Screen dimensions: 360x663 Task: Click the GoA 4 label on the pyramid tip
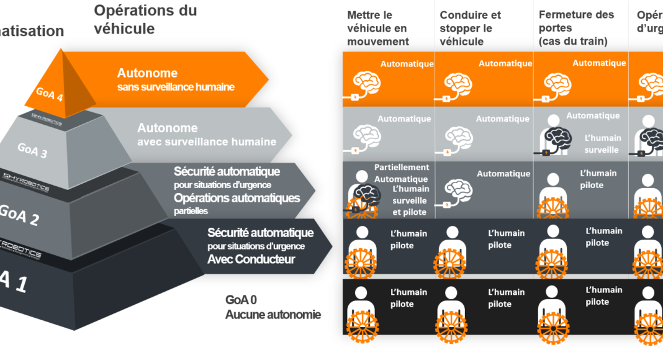(50, 94)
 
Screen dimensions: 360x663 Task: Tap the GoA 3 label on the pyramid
(32, 150)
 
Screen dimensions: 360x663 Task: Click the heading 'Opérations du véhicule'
(145, 19)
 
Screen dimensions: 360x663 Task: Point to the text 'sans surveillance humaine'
(176, 87)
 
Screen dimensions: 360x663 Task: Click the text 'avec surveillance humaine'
(207, 142)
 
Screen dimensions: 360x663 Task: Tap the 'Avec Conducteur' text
(251, 259)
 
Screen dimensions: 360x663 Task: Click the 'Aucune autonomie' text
(273, 315)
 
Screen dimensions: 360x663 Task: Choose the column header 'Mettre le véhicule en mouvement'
(378, 28)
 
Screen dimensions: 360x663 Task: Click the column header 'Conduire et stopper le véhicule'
(470, 28)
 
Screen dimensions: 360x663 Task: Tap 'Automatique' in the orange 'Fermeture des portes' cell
(599, 63)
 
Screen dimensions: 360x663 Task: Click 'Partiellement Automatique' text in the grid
(402, 173)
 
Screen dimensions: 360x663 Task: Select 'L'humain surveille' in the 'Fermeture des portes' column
(602, 143)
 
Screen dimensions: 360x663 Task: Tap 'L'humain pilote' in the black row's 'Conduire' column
(507, 298)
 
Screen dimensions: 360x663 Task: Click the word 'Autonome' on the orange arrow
(147, 73)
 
